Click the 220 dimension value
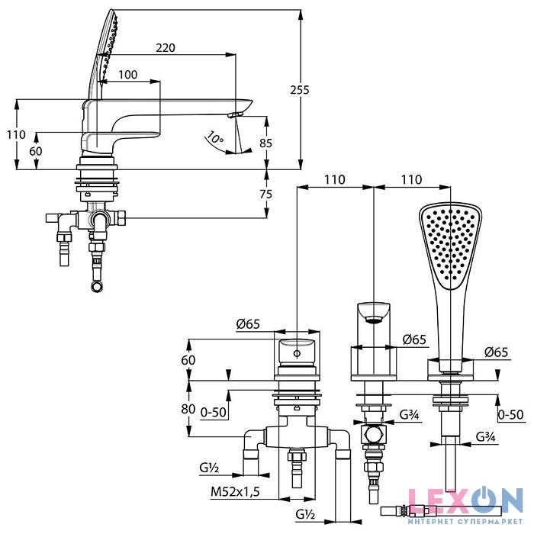pyautogui.click(x=166, y=47)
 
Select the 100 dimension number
pyautogui.click(x=128, y=74)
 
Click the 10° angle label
pyautogui.click(x=214, y=139)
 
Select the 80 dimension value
pyautogui.click(x=188, y=408)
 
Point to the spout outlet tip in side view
pyautogui.click(x=236, y=114)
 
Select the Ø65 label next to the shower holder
pyautogui.click(x=497, y=352)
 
